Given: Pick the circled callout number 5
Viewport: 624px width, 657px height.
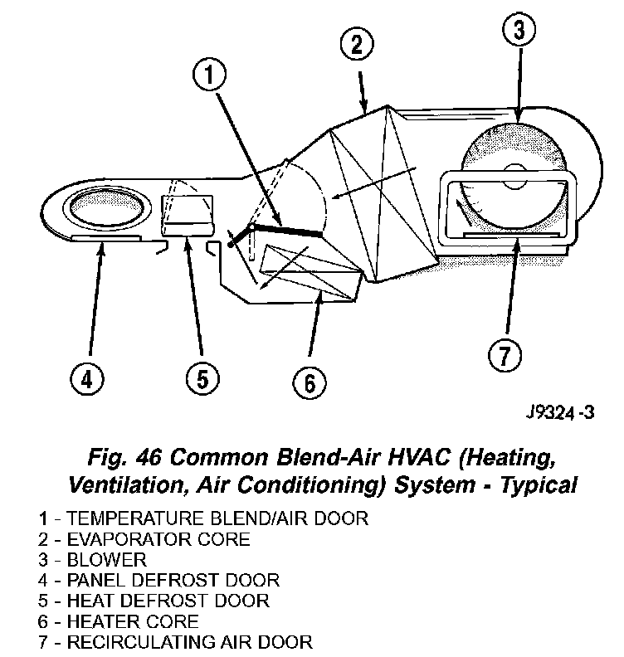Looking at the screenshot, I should (x=201, y=379).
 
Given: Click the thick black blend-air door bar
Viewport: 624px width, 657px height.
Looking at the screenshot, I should (x=286, y=231).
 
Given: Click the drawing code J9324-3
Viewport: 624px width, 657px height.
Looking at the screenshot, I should (x=560, y=412).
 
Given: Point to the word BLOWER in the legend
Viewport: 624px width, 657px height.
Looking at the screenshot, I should (x=106, y=559).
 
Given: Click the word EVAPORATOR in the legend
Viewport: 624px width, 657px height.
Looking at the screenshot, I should (x=124, y=539).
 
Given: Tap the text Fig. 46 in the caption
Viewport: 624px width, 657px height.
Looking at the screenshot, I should (x=124, y=457).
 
